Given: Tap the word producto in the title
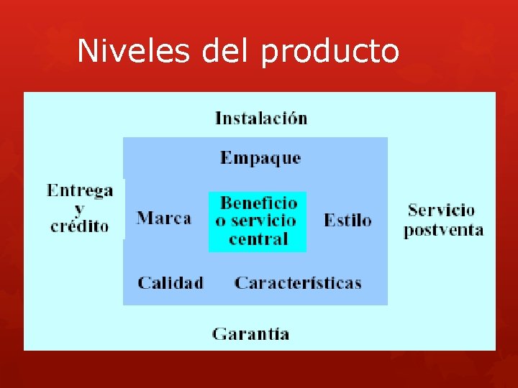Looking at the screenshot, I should pos(330,52).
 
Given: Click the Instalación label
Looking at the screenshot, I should pos(261,118).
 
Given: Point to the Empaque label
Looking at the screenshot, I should pos(260,158).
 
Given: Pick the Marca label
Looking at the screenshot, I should pos(164,218).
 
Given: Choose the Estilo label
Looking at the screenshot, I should pos(347,220).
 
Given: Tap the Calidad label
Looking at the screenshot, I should pos(171,282).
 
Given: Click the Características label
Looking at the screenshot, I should pos(298,282).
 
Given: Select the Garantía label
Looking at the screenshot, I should pos(251,333).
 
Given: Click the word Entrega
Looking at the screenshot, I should pos(80,190).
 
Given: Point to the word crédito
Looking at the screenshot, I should pos(79,226).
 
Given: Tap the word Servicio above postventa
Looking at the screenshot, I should pos(441,211).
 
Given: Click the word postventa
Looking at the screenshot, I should pos(443,230).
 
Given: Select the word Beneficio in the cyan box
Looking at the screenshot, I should pos(258,203).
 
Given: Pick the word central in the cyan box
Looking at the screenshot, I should pos(258,239).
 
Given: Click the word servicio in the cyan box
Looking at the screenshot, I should pos(265,221).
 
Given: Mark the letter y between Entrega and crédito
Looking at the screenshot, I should pos(79,209).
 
